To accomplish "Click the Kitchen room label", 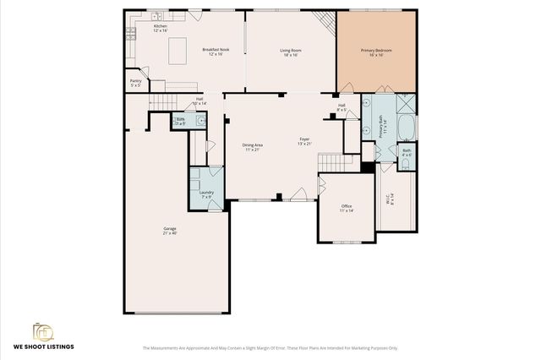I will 160,28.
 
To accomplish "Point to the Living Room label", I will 292,52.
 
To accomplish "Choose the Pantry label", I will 135,83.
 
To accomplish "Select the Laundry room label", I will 206,194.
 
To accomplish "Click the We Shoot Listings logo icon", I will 42,331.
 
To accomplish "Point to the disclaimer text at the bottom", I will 270,347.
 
